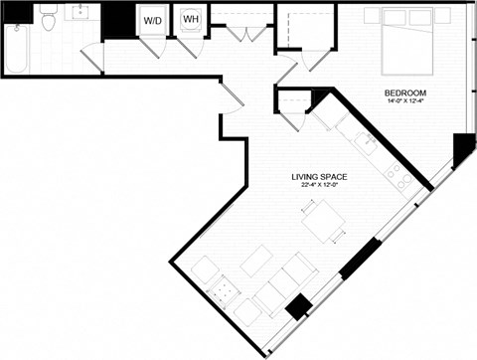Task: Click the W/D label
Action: pyautogui.click(x=152, y=20)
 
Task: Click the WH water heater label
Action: pyautogui.click(x=189, y=19)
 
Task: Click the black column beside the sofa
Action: pyautogui.click(x=297, y=307)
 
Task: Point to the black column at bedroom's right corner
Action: pyautogui.click(x=462, y=149)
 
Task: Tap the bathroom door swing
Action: pyautogui.click(x=91, y=57)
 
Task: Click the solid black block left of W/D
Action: pyautogui.click(x=118, y=20)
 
